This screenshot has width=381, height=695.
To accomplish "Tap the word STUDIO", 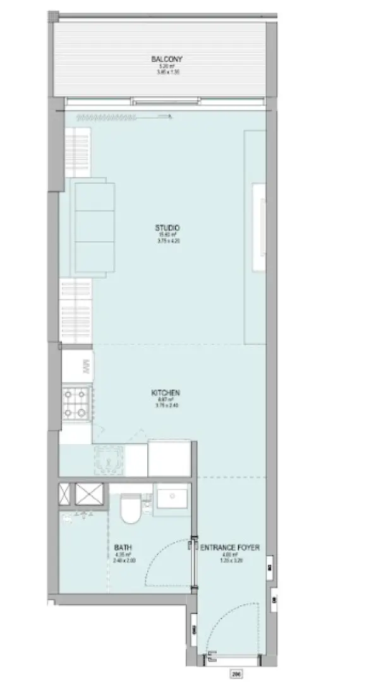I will (x=167, y=228).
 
